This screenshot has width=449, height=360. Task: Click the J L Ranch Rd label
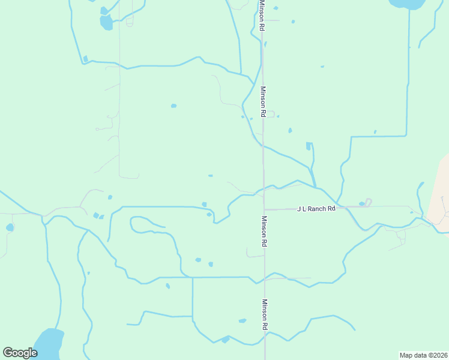[x=316, y=209]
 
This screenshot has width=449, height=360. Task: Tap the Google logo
[x=20, y=353]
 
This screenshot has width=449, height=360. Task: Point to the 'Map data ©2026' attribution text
[x=424, y=355]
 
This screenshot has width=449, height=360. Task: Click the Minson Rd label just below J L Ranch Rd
[x=264, y=232]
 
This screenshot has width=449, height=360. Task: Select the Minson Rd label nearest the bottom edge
[x=264, y=315]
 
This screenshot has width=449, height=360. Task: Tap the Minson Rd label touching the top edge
[x=262, y=16]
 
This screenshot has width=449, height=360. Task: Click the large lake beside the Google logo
[x=48, y=343]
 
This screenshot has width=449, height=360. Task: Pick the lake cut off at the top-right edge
[x=408, y=4]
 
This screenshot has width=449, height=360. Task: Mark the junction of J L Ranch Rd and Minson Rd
[x=264, y=209]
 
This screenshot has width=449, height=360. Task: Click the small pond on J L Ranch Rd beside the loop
[x=361, y=204]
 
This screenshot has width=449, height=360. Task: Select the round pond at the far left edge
[x=10, y=227]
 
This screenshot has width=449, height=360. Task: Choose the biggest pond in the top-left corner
[x=106, y=23]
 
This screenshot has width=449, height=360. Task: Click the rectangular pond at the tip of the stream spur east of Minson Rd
[x=309, y=146]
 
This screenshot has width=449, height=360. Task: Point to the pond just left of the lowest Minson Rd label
[x=242, y=321]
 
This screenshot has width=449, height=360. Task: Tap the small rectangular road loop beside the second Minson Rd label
[x=271, y=114]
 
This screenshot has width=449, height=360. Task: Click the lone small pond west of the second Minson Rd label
[x=173, y=106]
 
